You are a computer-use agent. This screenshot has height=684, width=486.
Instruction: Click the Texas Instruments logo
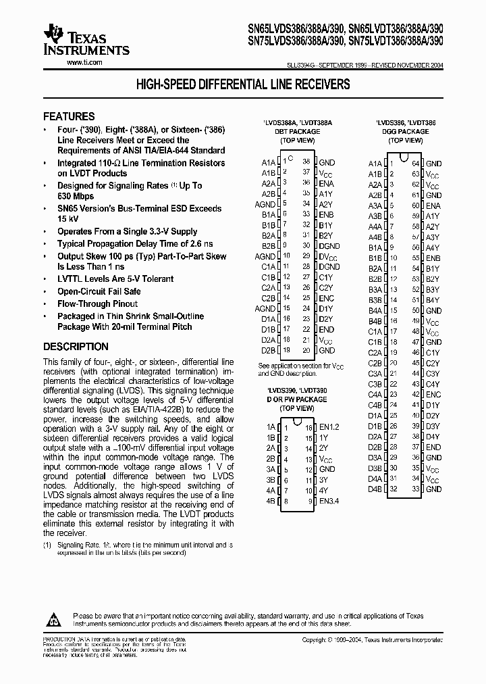coord(86,41)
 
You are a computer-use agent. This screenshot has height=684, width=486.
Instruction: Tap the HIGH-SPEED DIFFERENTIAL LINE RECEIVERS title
coord(243,85)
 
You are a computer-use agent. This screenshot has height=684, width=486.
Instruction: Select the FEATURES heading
coord(69,116)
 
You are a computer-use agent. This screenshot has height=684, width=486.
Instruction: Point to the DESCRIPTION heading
coord(76,347)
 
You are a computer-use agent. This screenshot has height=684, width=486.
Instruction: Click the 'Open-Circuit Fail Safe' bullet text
coord(99,291)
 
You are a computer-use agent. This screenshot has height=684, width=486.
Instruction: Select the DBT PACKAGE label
coord(297,132)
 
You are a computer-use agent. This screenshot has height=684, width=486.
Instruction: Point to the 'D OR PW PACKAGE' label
coord(297,399)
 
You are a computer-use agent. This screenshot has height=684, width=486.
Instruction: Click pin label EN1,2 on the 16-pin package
coord(328,427)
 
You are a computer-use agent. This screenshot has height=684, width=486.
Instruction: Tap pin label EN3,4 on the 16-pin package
coord(328,501)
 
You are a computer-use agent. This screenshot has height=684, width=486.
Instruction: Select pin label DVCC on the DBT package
coord(327,257)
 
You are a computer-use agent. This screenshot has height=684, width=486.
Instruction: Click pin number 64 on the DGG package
coord(416,164)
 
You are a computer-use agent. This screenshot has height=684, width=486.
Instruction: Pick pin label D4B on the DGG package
coord(375,489)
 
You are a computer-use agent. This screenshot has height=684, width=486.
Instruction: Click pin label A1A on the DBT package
coord(269,163)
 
